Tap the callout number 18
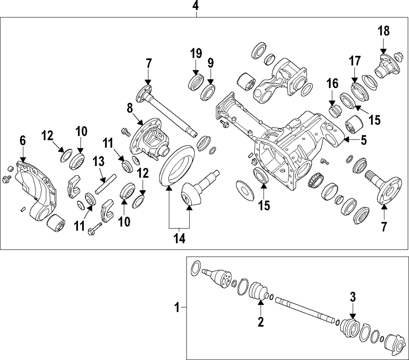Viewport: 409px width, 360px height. [x=384, y=31]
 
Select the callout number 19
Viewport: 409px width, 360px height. [x=196, y=53]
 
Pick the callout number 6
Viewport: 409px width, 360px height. [x=22, y=141]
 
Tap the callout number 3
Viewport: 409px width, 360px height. [x=353, y=297]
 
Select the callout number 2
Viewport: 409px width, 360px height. [x=260, y=322]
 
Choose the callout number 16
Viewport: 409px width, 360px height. [x=333, y=84]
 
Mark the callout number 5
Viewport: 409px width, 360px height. [x=363, y=140]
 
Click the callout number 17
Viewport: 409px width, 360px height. [x=355, y=61]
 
